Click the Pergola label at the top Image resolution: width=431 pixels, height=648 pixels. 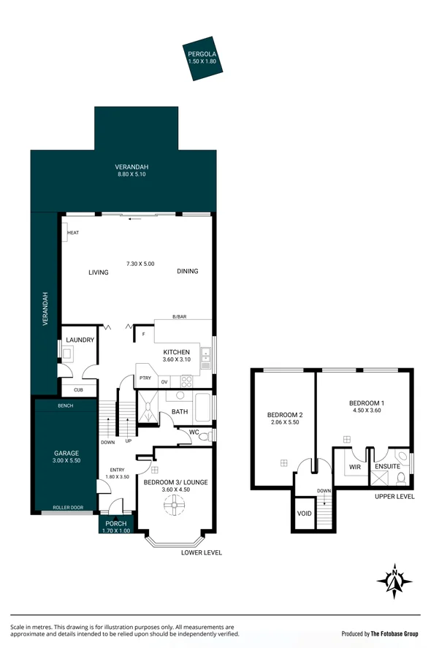(201, 55)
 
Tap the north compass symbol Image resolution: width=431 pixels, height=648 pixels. (394, 582)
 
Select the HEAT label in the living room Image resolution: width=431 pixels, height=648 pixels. (72, 233)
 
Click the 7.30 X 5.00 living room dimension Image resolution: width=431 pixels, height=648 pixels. (140, 263)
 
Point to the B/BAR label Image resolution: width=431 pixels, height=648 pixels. (179, 316)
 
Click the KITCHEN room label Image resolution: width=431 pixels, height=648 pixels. (176, 351)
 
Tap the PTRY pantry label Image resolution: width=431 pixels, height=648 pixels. (145, 378)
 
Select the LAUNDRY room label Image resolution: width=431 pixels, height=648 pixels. (80, 340)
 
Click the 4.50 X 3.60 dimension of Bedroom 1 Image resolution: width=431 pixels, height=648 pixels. (365, 411)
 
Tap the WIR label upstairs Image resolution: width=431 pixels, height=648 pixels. (355, 467)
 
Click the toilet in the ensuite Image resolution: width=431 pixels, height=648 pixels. (401, 480)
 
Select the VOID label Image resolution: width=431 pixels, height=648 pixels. (305, 513)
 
